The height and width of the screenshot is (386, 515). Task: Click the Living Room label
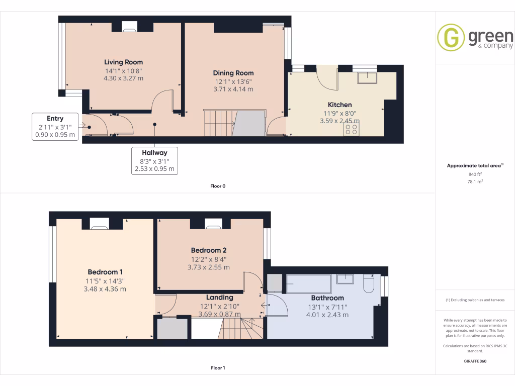pos(123,62)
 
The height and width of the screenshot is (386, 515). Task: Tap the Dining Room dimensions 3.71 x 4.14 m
pos(233,89)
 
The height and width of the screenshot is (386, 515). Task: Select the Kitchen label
pos(339,105)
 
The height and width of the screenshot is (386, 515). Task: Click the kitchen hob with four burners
pos(351,130)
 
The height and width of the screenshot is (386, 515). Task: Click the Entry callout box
pos(55,126)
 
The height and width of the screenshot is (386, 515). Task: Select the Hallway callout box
pos(154,160)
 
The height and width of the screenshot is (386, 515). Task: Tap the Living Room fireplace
pos(130,27)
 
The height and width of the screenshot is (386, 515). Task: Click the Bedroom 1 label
pos(105,272)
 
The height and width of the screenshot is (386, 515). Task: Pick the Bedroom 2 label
pos(209,250)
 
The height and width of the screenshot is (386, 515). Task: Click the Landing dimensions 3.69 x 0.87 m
pos(219,314)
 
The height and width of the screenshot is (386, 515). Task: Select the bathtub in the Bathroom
pos(308,284)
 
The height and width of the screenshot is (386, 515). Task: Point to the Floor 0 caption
pos(218,186)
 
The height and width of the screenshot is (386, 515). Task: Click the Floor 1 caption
pos(218,368)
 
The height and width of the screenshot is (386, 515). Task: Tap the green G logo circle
pos(451,38)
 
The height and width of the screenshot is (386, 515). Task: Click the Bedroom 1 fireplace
pos(99,224)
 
